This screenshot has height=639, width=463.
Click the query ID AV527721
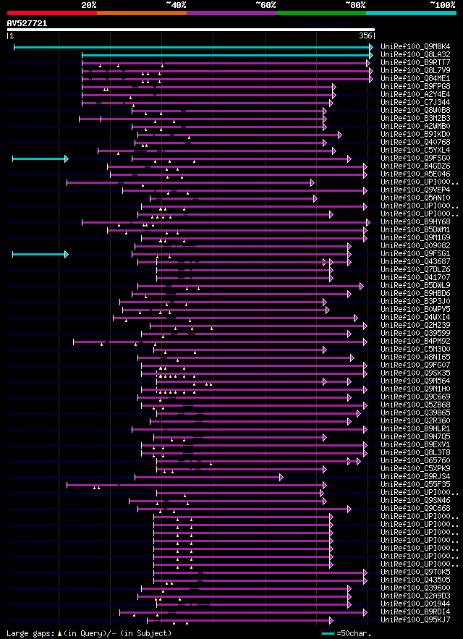point(27,24)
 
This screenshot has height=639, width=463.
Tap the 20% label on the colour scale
point(89,4)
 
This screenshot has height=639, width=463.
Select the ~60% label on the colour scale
point(266,4)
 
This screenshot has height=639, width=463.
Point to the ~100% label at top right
point(441,4)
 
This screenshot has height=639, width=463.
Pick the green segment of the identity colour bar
point(320,13)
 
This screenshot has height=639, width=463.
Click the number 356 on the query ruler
point(365,35)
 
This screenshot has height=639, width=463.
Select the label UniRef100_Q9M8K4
point(415,47)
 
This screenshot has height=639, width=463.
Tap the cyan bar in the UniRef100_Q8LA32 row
point(226,55)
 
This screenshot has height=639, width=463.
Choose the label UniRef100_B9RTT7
point(415,63)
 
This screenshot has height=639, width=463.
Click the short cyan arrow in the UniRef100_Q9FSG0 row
point(40,158)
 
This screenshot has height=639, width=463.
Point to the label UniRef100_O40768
point(415,143)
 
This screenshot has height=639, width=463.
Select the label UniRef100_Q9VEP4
point(415,190)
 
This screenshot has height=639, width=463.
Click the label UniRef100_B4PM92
point(415,342)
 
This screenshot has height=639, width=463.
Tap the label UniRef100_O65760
point(415,461)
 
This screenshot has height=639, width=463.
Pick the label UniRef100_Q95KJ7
point(415,620)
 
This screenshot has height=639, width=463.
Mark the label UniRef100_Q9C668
point(415,509)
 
